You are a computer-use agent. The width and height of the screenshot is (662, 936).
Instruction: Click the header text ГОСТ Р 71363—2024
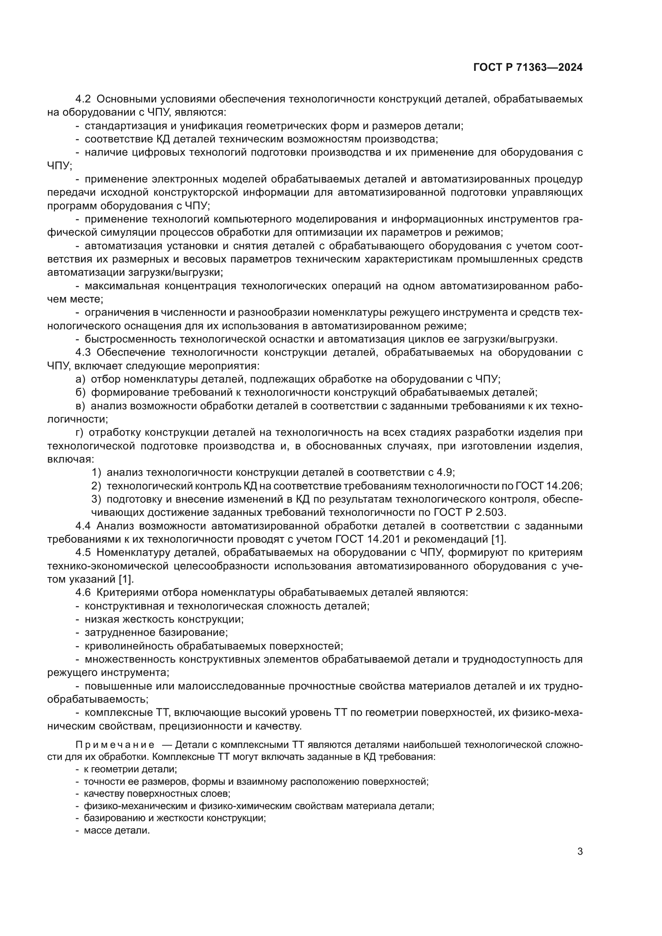point(528,68)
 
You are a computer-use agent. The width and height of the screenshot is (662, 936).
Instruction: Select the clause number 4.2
point(83,99)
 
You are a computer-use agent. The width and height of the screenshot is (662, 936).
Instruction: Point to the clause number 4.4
point(83,526)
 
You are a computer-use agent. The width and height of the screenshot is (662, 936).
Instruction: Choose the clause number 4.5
point(83,553)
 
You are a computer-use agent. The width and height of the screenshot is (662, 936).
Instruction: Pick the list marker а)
point(81,379)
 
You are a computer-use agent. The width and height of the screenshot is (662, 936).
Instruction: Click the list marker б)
point(81,393)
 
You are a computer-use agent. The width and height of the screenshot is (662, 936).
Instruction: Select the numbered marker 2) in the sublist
point(96,486)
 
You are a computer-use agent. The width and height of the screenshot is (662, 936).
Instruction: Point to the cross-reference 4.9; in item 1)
point(445,473)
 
